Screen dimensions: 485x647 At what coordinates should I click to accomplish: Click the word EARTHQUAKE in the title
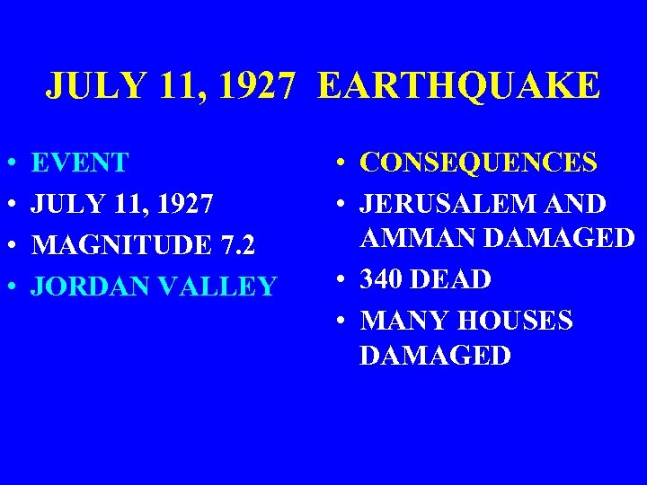(457, 86)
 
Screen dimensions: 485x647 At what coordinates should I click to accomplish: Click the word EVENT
(80, 163)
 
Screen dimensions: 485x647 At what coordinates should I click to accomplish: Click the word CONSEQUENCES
(478, 163)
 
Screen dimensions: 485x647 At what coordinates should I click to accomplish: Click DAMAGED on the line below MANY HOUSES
(436, 355)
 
